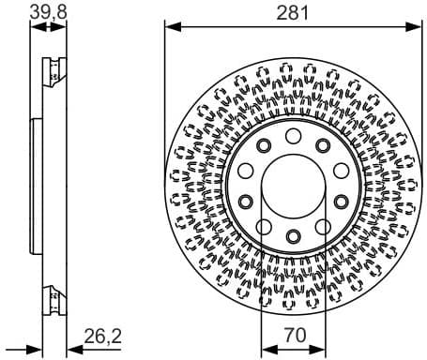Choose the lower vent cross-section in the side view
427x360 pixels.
[x=53, y=298]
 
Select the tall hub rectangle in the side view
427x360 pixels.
[x=35, y=183]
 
